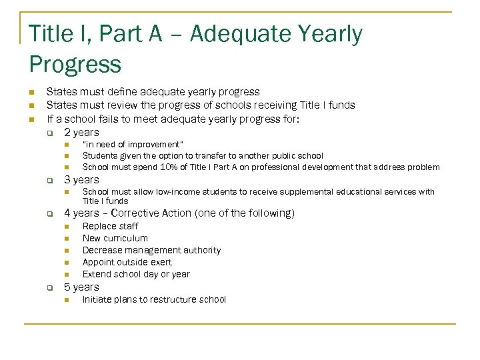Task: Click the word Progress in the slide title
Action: coord(75,65)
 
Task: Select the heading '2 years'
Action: coord(81,132)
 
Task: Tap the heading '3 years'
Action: coord(81,179)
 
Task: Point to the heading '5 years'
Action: coord(81,287)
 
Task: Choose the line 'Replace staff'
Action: coord(110,226)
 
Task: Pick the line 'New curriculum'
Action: coord(115,238)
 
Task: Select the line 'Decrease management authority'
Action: coord(151,250)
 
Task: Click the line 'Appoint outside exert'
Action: coord(127,262)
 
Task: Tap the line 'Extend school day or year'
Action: coord(136,274)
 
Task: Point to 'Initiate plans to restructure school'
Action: coord(154,299)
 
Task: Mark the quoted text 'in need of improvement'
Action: coord(133,144)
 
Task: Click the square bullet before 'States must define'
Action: coord(31,92)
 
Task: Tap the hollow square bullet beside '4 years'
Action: coord(49,214)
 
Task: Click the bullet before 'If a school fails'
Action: coord(31,120)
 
